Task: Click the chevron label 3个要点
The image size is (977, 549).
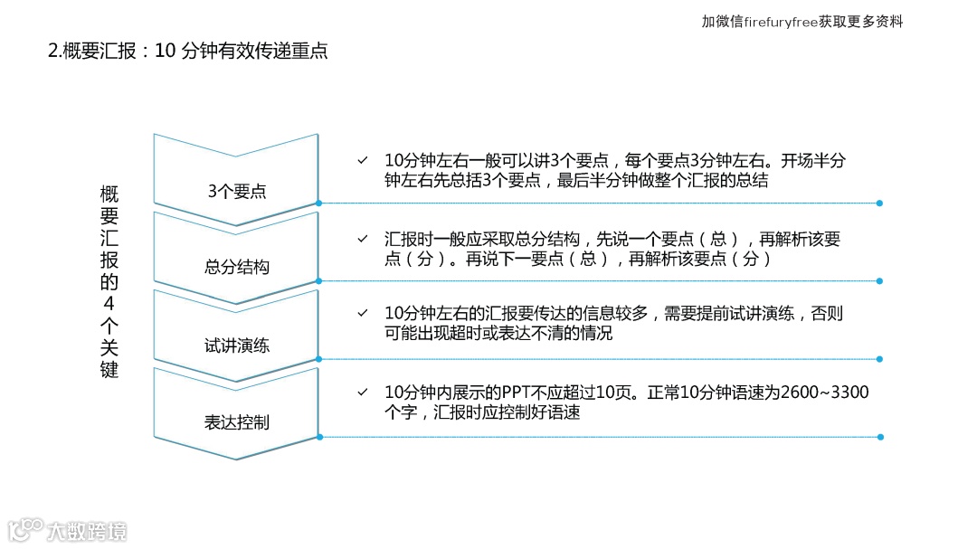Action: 237,191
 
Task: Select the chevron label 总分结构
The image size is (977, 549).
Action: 237,268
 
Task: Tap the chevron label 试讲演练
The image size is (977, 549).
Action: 237,345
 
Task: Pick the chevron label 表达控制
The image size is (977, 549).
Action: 237,422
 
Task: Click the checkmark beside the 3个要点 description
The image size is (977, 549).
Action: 362,161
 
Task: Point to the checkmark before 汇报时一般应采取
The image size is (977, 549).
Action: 362,239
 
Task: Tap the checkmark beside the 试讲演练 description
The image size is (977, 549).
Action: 362,313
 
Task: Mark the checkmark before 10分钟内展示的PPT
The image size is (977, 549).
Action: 362,393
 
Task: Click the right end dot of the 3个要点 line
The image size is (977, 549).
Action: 879,204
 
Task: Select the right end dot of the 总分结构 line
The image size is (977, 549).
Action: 879,281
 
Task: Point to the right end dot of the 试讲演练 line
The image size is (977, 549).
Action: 879,359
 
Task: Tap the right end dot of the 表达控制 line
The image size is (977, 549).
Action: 879,437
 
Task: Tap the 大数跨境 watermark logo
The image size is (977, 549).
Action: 68,529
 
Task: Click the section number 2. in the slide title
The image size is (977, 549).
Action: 55,52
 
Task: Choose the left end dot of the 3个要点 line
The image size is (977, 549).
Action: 318,204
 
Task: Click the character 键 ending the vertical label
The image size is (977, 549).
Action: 109,369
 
